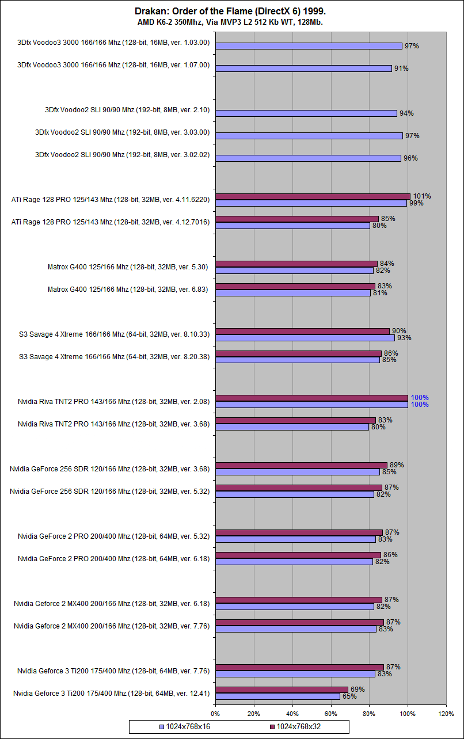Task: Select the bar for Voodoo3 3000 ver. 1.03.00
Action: point(309,46)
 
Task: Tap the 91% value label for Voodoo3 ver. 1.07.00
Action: point(401,68)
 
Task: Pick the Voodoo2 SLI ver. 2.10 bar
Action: point(306,113)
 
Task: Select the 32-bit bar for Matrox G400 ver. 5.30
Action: point(296,264)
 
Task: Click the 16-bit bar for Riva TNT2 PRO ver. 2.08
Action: point(311,405)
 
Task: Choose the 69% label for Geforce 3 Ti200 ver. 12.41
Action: point(357,690)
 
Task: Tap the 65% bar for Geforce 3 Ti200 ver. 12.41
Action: point(277,696)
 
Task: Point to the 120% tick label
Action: point(446,714)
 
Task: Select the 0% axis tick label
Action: point(215,714)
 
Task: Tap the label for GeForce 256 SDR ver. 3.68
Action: point(109,468)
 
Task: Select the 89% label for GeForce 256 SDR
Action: point(397,465)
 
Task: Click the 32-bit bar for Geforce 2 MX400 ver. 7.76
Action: point(299,622)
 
